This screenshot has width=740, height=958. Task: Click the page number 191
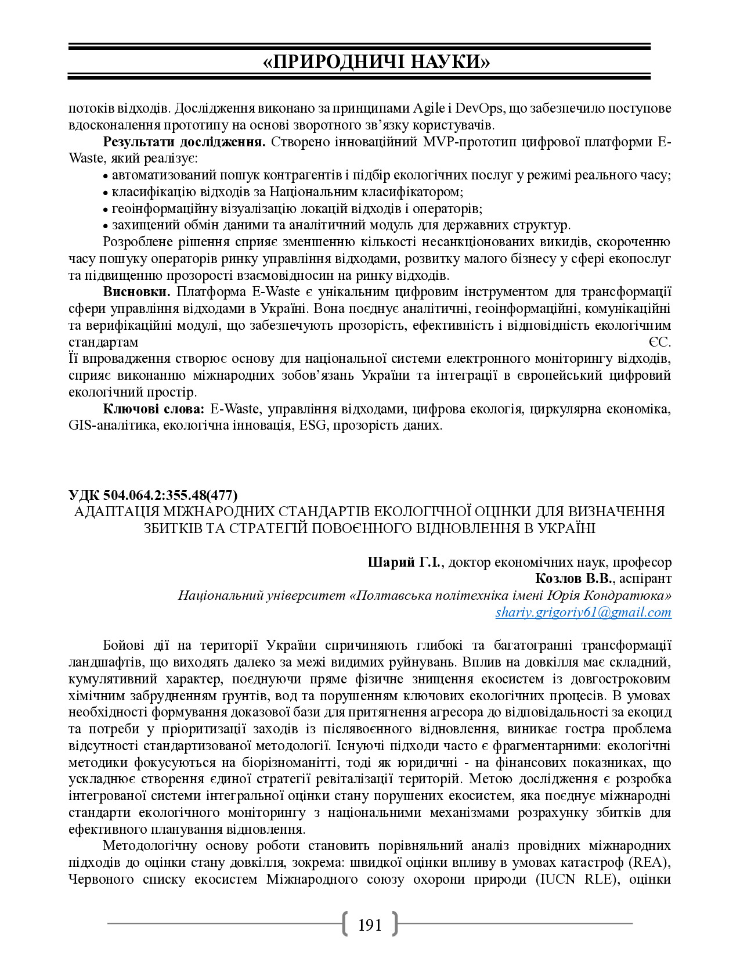pos(370,925)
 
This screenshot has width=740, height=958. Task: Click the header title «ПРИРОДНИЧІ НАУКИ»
pos(376,62)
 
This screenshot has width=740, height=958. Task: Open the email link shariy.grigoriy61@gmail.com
pos(583,612)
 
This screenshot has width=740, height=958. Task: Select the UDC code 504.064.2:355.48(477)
pos(153,495)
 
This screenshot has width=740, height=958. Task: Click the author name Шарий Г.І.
pos(404,562)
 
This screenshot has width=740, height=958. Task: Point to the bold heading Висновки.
pos(137,291)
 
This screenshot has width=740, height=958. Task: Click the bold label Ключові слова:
pos(153,409)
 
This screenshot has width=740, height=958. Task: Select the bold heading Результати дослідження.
pos(184,142)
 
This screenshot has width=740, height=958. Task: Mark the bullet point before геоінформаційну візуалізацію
pos(106,209)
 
